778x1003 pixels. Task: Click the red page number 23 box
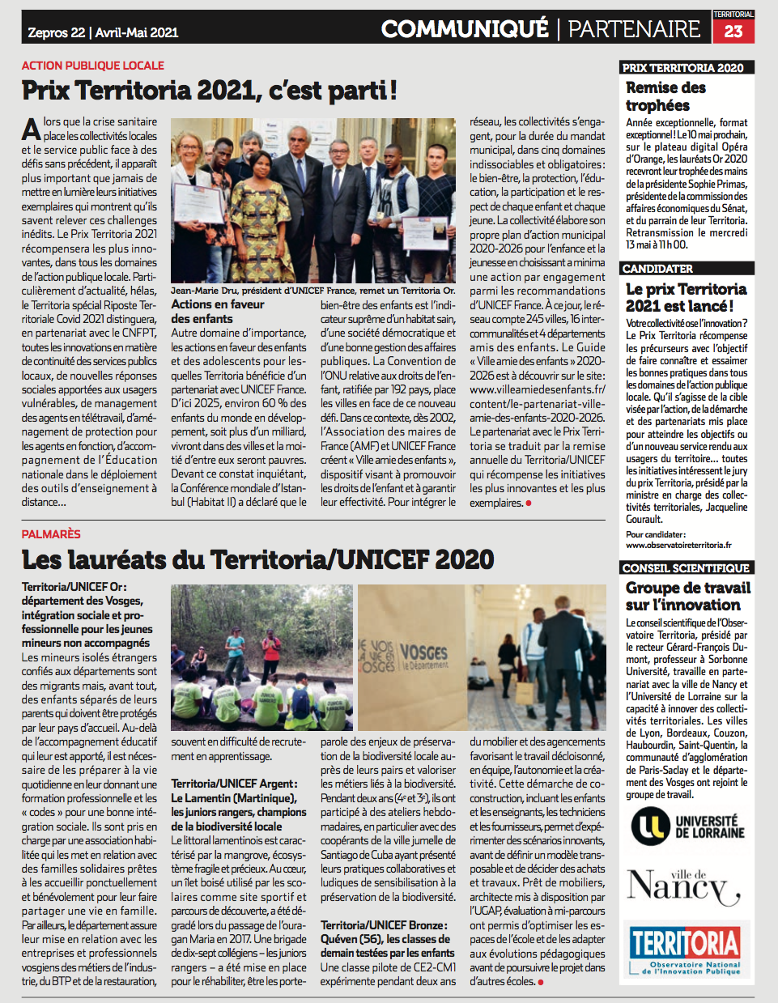(733, 31)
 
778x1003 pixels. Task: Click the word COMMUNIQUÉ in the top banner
(465, 29)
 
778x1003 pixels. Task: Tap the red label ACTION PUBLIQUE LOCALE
(93, 66)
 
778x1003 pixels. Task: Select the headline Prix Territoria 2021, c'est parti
(210, 90)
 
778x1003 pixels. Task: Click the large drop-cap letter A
(31, 130)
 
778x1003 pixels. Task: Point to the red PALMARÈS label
(51, 534)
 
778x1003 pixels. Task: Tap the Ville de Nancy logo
(684, 886)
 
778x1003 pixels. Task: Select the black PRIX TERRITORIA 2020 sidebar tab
(682, 68)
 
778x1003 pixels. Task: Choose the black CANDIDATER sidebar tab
(657, 269)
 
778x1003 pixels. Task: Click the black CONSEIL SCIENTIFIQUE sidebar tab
(686, 568)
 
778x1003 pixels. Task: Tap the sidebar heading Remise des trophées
(665, 96)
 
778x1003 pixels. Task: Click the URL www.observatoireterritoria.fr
(678, 546)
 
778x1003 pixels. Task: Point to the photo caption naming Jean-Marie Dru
(312, 291)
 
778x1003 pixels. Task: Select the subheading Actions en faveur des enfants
(217, 312)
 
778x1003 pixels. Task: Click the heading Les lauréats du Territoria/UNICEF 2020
(257, 559)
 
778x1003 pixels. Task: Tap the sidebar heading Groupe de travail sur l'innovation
(687, 597)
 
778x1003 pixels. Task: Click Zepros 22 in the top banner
(57, 32)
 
